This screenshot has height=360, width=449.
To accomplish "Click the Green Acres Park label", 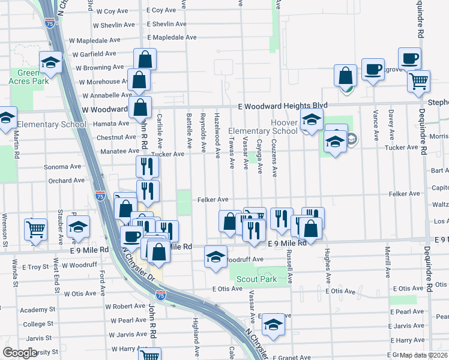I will (28, 77).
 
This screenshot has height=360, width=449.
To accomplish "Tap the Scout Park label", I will (256, 279).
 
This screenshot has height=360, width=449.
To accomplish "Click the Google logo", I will (20, 353).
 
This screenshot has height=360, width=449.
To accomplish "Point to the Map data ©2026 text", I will (424, 355).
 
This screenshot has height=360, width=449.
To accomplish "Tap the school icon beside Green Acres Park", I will (51, 62).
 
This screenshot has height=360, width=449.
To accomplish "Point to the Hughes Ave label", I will (328, 265).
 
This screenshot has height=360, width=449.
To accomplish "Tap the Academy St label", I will (37, 310).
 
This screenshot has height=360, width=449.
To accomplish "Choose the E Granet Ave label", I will (291, 358).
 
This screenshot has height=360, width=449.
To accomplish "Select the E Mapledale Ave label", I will (172, 37).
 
